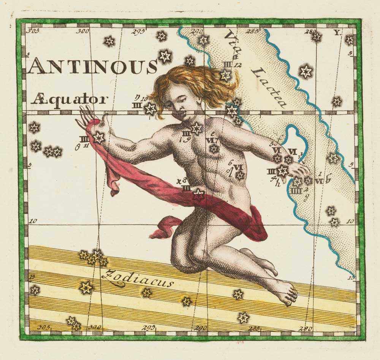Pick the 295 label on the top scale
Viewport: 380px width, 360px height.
138,31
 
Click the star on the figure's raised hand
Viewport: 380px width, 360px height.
99,137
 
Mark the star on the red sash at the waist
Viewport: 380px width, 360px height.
198,194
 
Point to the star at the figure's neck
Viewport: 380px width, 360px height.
196,128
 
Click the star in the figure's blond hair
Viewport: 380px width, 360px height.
226,75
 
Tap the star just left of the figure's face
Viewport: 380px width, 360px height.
150,109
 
